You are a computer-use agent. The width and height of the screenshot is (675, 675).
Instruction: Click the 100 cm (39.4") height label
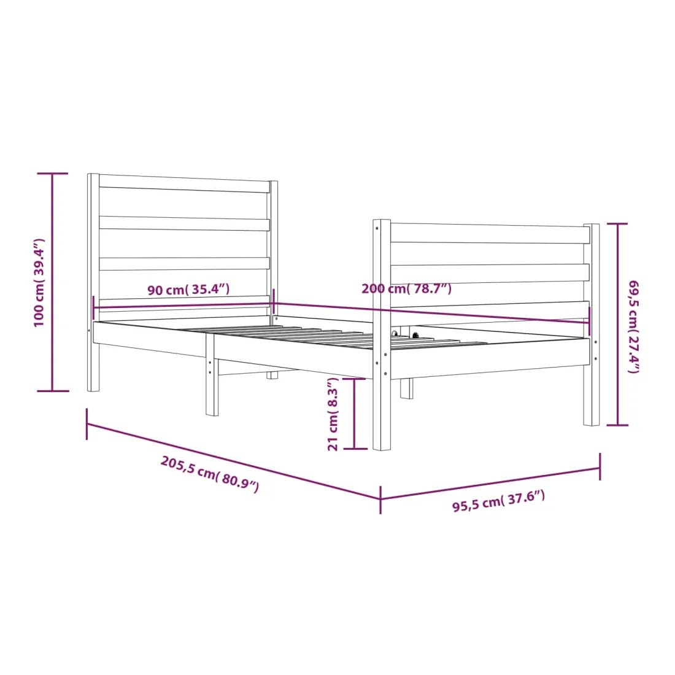(39, 282)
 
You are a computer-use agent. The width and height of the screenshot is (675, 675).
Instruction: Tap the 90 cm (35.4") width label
(188, 289)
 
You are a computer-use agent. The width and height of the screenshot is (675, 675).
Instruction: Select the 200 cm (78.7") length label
(406, 288)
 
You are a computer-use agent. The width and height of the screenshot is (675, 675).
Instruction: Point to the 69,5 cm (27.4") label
(634, 326)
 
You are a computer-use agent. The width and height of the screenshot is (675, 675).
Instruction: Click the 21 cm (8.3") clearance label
(333, 414)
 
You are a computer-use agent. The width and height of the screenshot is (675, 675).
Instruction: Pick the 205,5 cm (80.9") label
(210, 474)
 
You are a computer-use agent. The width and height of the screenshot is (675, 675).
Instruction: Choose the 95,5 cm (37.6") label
(498, 501)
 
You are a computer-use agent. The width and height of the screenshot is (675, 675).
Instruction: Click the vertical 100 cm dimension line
(53, 282)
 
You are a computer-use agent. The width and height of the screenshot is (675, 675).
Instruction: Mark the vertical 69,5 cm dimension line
(617, 324)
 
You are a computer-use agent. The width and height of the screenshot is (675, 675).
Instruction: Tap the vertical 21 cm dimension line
(354, 414)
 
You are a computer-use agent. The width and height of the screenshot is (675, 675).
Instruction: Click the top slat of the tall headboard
(184, 183)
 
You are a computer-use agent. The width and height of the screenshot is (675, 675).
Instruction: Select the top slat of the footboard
(490, 234)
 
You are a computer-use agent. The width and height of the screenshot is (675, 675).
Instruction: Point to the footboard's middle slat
(490, 274)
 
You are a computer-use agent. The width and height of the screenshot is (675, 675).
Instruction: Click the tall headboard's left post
(93, 282)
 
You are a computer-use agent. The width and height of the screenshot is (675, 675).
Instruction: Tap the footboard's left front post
(382, 335)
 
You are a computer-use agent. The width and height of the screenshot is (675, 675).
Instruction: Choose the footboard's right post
(592, 325)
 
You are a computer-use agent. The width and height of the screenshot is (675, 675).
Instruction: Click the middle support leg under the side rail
(212, 374)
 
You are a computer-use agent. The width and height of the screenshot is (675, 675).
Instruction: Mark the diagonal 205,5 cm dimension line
(234, 461)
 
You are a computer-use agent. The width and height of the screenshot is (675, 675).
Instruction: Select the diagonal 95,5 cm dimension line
(490, 483)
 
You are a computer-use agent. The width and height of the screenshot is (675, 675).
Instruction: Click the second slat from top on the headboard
(184, 223)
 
